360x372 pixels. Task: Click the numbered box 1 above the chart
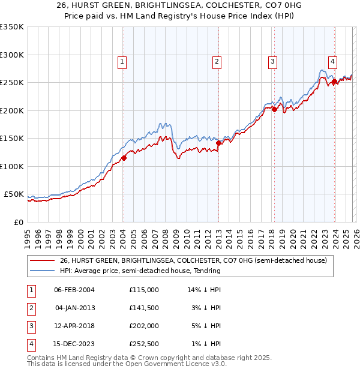tap(122, 61)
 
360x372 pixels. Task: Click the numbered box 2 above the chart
tap(216, 61)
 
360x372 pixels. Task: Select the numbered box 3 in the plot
tap(272, 61)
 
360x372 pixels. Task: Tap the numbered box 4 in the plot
tap(332, 61)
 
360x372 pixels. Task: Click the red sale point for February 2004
tap(124, 158)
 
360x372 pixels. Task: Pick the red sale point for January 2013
tap(218, 143)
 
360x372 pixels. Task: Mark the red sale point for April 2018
tap(274, 109)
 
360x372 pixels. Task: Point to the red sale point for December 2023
tap(334, 82)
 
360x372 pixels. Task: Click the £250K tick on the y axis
tap(12, 83)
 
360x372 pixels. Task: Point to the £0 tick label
tap(18, 223)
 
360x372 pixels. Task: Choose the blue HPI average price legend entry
tap(140, 271)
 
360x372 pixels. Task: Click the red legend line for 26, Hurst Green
tap(42, 261)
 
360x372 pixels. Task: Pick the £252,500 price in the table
tap(143, 344)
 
